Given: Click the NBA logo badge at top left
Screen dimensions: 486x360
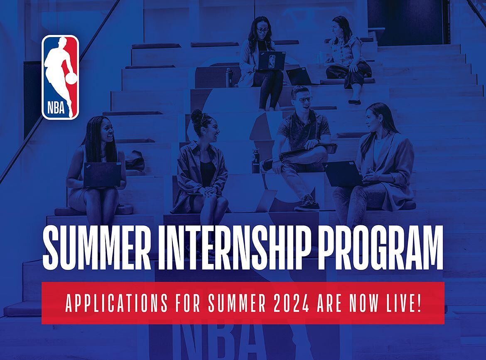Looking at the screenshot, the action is click(61, 77).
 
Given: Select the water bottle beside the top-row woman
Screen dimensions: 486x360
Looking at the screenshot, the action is click(229, 77).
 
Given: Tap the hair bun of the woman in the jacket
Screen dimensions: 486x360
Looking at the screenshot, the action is click(196, 116).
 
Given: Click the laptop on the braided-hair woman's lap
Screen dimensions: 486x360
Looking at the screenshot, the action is click(102, 175).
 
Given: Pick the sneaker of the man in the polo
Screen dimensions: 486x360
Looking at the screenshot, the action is click(306, 203).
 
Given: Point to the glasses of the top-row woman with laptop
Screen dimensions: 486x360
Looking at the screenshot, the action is click(263, 30).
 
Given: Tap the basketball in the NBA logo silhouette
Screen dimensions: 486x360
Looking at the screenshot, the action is click(71, 78).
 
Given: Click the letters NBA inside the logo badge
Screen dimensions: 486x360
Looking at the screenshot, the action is click(56, 108).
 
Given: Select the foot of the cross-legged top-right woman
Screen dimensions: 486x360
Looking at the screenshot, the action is click(355, 101).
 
